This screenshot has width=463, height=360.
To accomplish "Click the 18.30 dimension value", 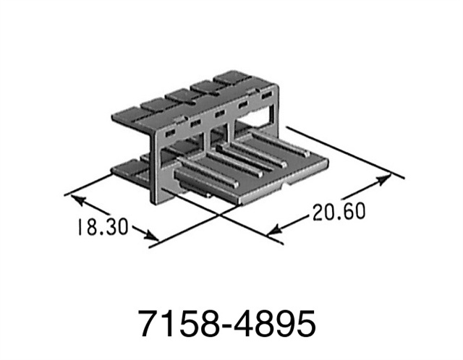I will point(101,226).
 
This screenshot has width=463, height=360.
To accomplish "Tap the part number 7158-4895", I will point(231,323).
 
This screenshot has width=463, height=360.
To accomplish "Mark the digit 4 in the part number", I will point(248,323).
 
